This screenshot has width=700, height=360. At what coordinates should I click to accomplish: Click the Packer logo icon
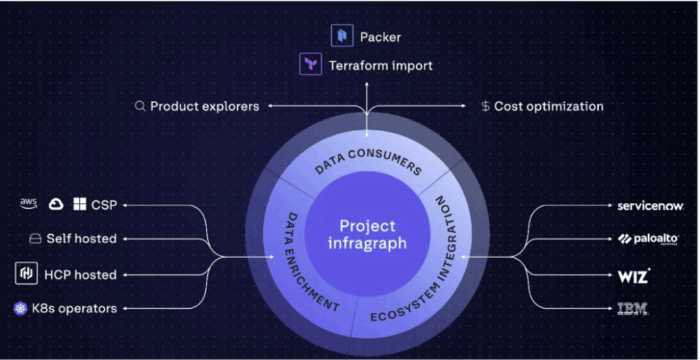(x=341, y=36)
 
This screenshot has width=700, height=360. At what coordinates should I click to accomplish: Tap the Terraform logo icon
(x=311, y=66)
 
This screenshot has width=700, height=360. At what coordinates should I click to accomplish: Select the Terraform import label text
(x=381, y=66)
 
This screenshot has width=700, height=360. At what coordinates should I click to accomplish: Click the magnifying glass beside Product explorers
(x=140, y=106)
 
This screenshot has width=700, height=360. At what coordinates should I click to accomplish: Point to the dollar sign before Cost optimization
(x=485, y=106)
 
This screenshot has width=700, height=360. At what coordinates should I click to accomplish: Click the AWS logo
(x=28, y=204)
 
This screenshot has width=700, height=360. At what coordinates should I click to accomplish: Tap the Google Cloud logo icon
(x=56, y=204)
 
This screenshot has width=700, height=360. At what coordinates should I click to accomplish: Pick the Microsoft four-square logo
(x=80, y=204)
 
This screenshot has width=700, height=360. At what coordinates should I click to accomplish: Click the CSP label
(x=104, y=204)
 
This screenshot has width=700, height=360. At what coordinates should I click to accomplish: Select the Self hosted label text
(x=81, y=238)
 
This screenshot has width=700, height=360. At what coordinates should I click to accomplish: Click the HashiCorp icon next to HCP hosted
(x=26, y=274)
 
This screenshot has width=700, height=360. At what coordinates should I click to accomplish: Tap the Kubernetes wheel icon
(x=21, y=309)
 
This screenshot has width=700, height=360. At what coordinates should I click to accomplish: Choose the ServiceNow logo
(x=650, y=205)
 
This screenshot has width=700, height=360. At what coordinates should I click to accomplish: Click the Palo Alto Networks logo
(x=648, y=238)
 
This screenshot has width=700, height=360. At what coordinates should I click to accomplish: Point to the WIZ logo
(x=633, y=276)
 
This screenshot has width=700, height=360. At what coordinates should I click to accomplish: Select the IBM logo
(x=632, y=309)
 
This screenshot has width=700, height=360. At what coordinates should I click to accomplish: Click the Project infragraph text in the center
(x=367, y=234)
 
